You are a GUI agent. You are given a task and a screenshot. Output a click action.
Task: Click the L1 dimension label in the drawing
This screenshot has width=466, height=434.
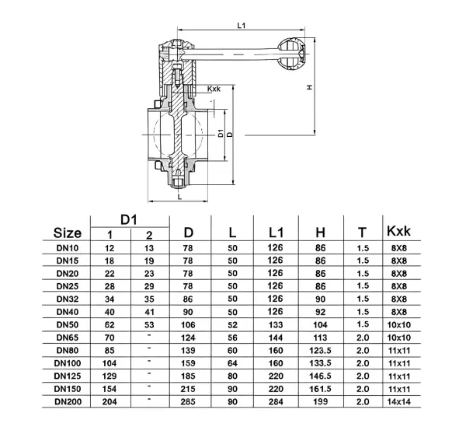click(242, 25)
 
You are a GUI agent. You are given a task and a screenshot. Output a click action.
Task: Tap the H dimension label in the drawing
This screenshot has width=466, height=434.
click(310, 87)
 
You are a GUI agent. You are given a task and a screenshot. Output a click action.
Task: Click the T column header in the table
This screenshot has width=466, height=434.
click(361, 233)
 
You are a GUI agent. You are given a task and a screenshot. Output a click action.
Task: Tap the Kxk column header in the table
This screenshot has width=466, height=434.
click(398, 231)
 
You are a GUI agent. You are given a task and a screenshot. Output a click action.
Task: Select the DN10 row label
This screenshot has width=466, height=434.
click(68, 247)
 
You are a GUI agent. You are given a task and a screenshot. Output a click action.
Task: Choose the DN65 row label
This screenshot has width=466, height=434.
click(68, 337)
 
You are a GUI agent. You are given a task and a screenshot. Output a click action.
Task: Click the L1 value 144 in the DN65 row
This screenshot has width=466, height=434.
click(276, 337)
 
